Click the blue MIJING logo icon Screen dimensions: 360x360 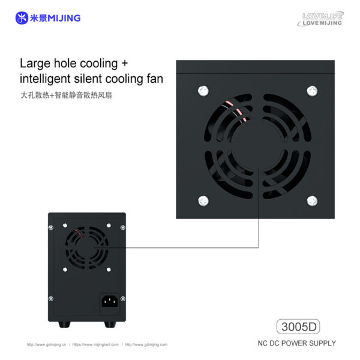click(22, 18)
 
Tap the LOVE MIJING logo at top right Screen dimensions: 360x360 click(322, 19)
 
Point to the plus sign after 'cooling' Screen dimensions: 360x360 click(124, 63)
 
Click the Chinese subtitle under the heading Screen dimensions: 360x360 click(65, 95)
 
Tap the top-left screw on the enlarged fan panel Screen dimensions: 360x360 click(203, 91)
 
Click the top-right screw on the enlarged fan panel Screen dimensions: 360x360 click(312, 91)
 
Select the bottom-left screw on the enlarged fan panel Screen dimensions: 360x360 click(203, 200)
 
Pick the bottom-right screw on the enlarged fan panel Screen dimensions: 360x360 click(312, 200)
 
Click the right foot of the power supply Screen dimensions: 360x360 click(110, 325)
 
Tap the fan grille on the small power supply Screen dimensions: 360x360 click(86, 247)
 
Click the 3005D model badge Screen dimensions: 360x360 click(298, 327)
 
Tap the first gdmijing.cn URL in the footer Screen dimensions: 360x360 click(46, 345)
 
